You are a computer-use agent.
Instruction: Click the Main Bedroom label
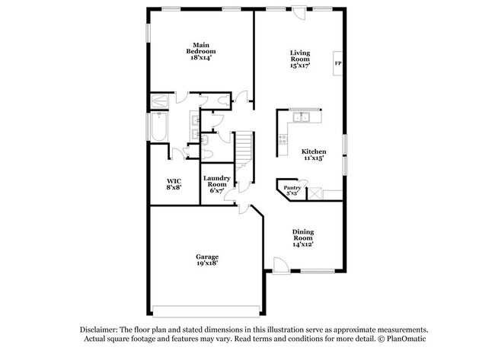coord(200,47)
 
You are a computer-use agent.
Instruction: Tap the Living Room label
coord(300,56)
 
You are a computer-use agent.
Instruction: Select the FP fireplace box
coord(337,64)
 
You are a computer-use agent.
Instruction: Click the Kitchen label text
coord(313,151)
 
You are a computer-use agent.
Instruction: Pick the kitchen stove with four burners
coord(283,139)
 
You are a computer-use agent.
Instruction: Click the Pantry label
coord(292,186)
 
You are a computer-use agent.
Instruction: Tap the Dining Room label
coord(303,234)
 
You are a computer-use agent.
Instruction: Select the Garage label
coord(206,256)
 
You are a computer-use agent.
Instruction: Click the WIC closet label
coord(174,180)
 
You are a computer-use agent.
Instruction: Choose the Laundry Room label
coord(216,181)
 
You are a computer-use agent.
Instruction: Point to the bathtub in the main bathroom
coord(159,127)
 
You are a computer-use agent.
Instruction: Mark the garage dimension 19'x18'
coord(206,263)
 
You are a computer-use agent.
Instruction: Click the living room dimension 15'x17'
coord(300,66)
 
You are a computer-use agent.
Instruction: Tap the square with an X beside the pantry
coord(312,193)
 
